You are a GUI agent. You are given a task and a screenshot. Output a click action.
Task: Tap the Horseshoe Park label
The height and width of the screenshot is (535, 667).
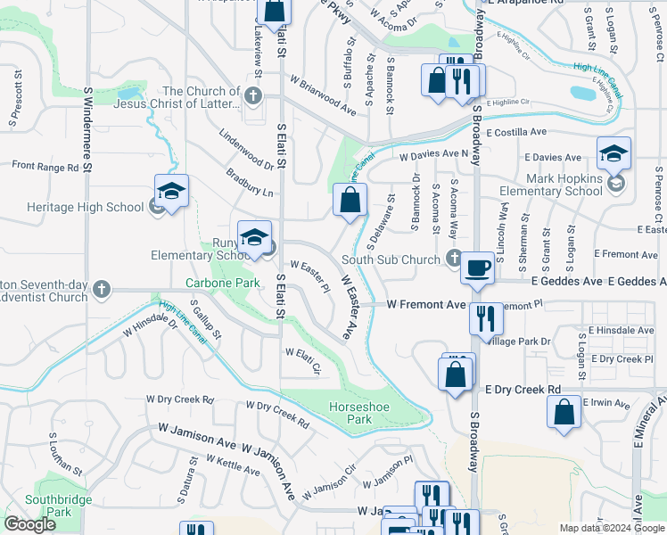point(349,412)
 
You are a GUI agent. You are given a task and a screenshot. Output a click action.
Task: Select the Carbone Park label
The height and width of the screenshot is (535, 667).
point(222,284)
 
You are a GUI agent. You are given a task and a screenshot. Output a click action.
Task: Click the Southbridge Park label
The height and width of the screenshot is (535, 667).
point(59,506)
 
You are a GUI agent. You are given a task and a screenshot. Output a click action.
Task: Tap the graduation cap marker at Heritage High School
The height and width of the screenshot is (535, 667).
point(172,191)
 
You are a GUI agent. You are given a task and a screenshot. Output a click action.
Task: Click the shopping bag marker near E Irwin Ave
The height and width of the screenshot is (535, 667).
point(564,413)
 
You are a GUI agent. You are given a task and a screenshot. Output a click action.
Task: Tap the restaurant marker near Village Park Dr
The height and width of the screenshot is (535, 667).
point(486,317)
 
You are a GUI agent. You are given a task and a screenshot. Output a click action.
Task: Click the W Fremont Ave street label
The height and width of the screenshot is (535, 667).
point(425,304)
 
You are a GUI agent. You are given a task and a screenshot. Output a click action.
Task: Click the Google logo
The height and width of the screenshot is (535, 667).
point(29,524)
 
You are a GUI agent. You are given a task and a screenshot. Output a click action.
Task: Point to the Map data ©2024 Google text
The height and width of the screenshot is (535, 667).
point(611,528)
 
